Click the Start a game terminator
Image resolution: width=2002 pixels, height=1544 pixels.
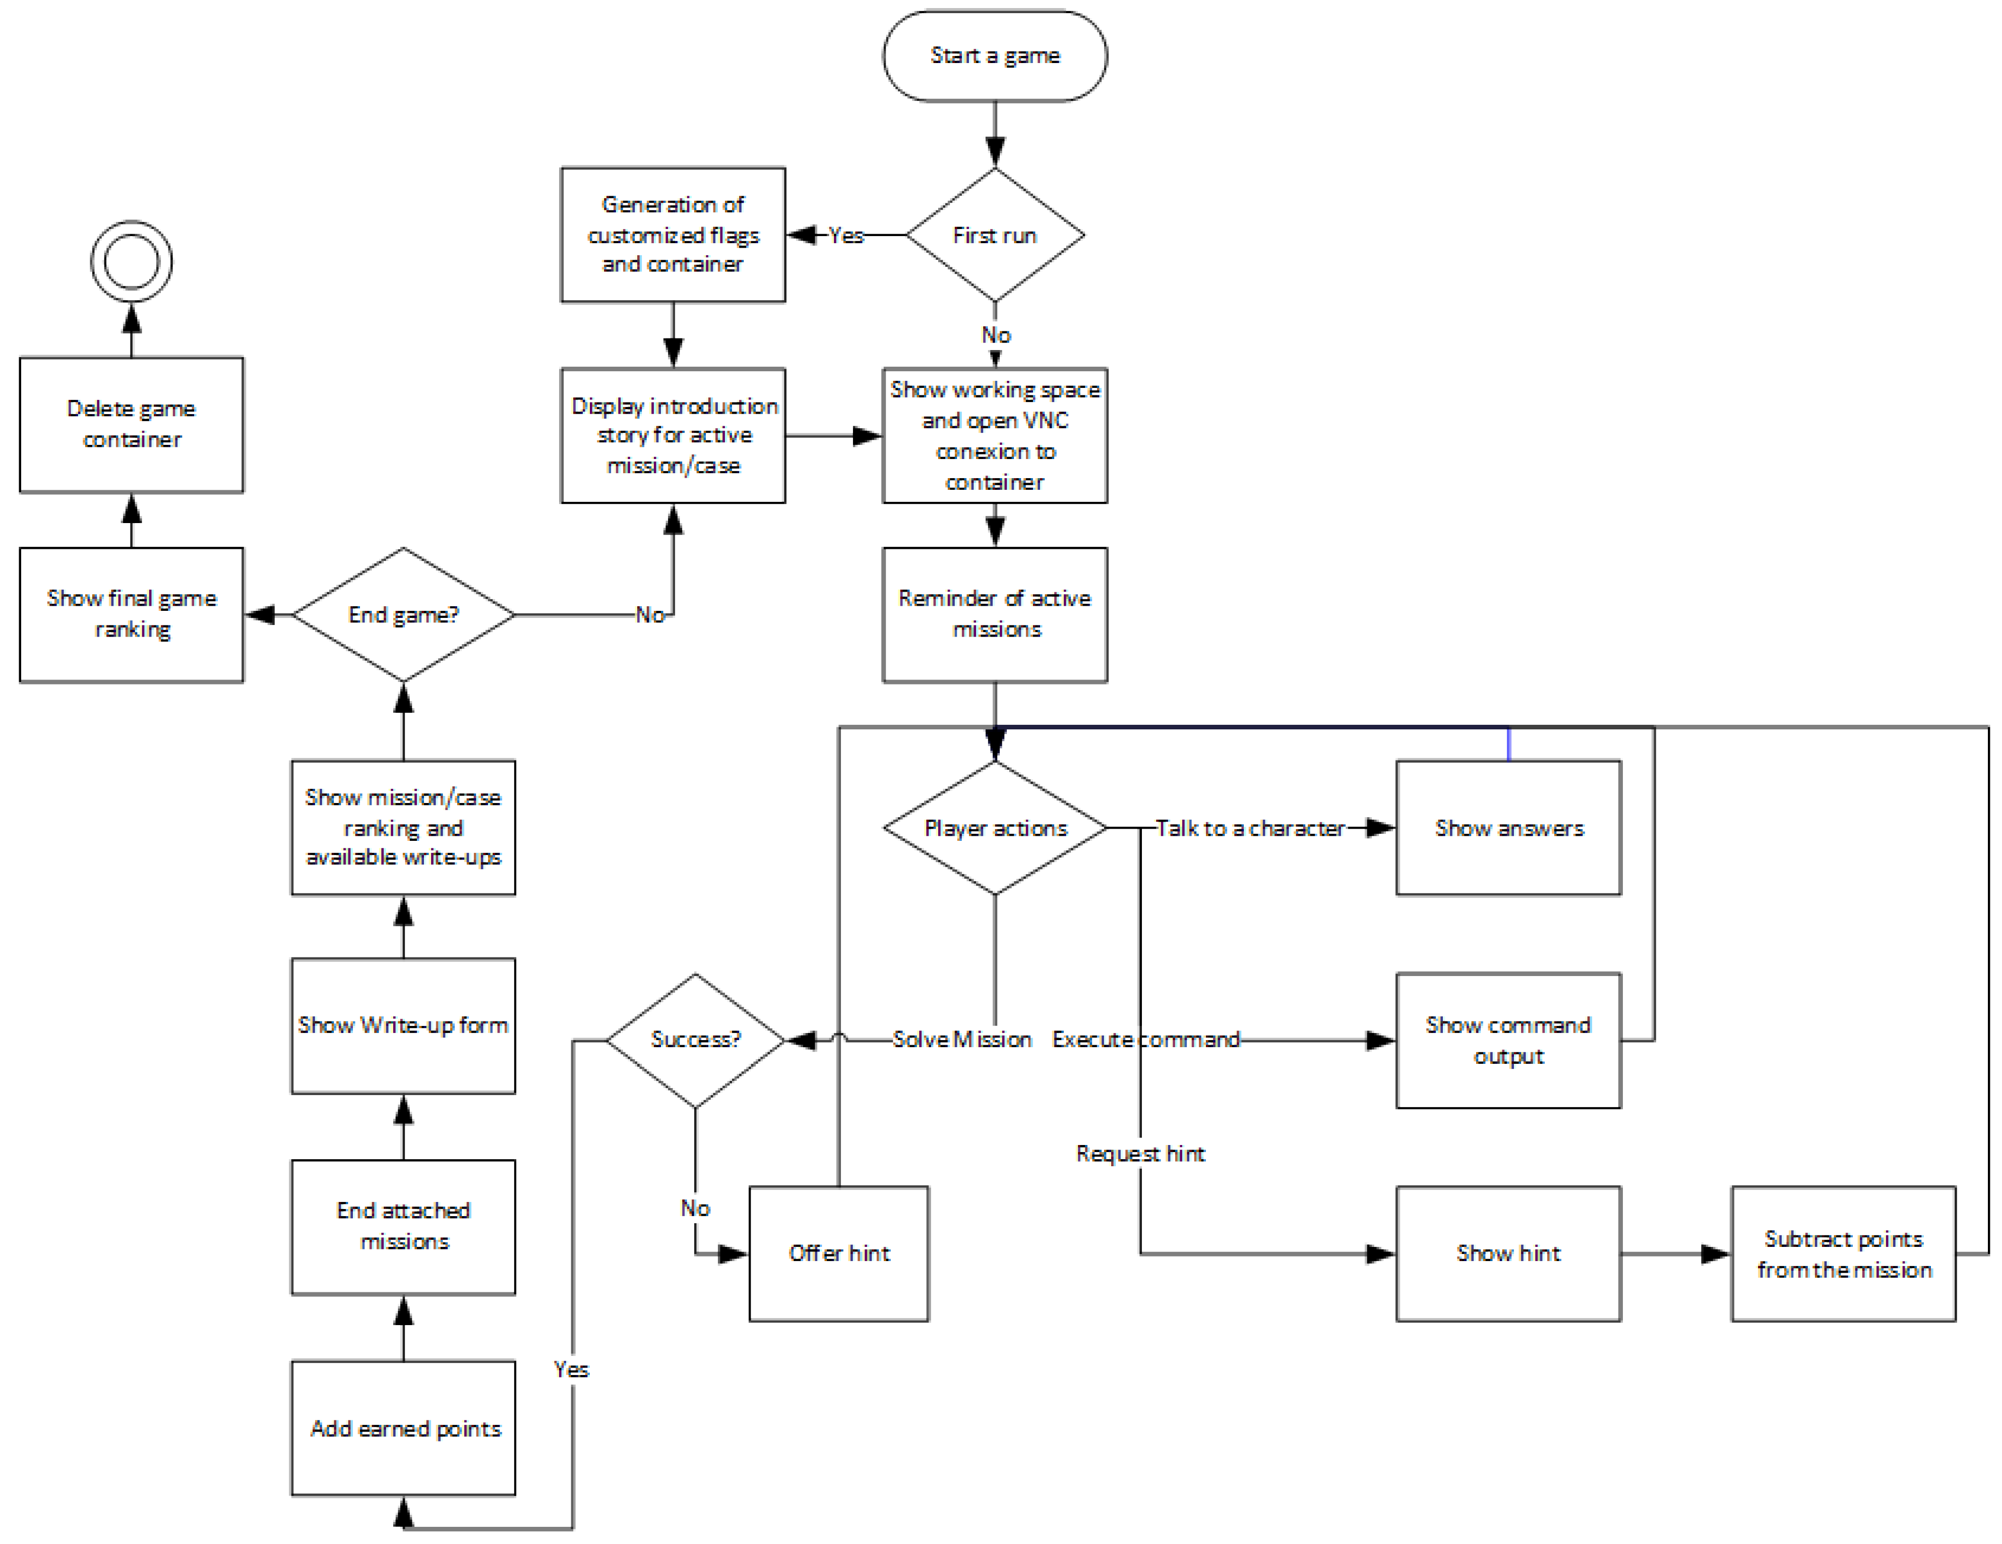pos(995,56)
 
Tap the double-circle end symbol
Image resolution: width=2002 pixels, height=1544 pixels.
pos(131,261)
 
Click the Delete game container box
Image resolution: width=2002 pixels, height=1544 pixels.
pos(131,425)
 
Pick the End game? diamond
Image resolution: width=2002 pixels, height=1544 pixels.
pos(403,614)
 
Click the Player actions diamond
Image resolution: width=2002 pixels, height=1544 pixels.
pos(995,828)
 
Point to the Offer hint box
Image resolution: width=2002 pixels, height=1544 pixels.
pos(839,1253)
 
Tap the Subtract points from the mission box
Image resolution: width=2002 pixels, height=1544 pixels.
pos(1843,1253)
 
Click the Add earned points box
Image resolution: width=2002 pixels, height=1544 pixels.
pos(403,1427)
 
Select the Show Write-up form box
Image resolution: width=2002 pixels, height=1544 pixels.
pos(403,1025)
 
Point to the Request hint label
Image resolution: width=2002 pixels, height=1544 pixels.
pos(1140,1154)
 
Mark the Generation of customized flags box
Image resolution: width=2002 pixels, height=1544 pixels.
pos(673,235)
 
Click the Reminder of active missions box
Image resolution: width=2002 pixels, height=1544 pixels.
pos(995,614)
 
